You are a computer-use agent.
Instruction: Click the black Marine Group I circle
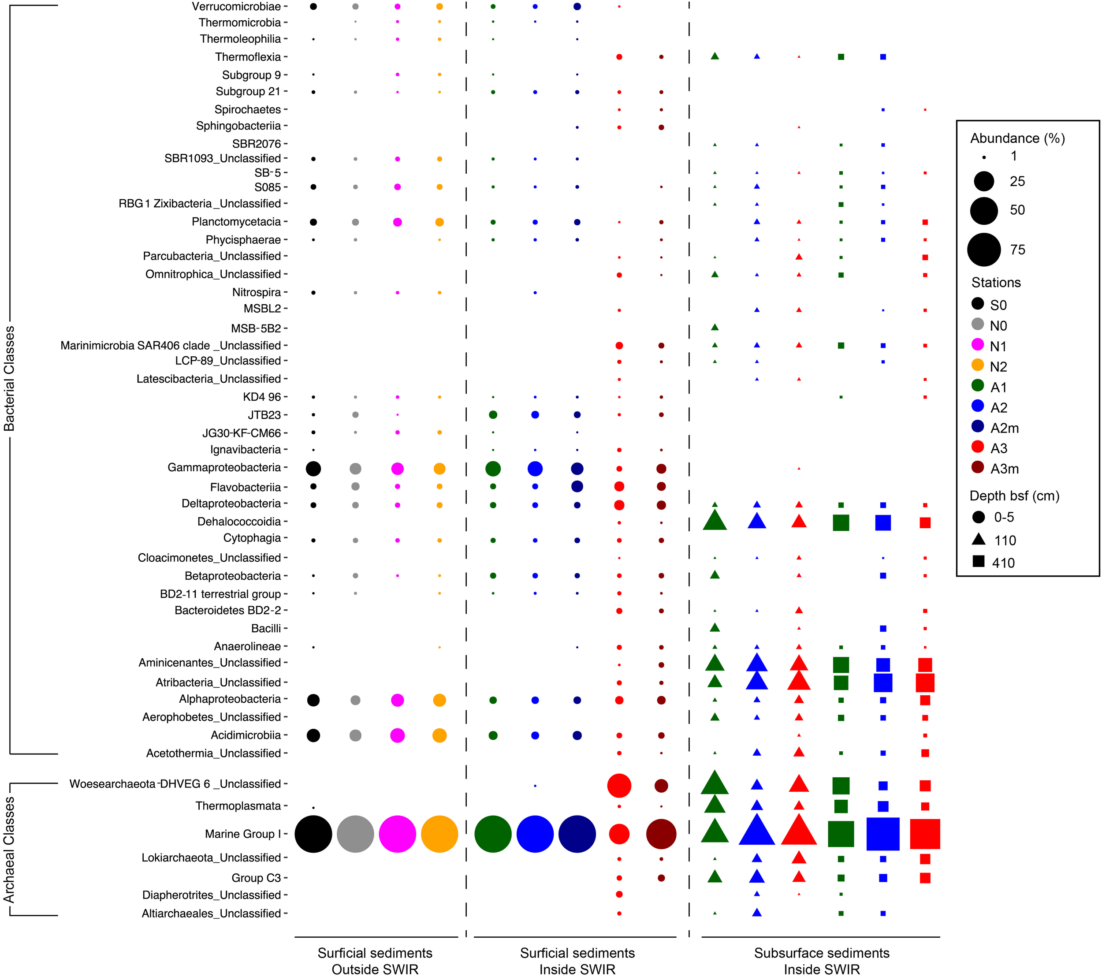(x=313, y=834)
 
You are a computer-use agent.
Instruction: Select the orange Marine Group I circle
(x=439, y=834)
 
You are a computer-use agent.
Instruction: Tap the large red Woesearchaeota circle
(x=619, y=786)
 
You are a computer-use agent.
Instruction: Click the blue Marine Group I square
(x=883, y=834)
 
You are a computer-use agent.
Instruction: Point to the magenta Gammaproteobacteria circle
(x=397, y=469)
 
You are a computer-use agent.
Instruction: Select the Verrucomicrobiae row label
(x=236, y=7)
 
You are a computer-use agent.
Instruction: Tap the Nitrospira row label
(x=256, y=292)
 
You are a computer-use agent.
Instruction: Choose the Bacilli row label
(x=266, y=628)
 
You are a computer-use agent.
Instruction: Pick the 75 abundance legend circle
(x=984, y=250)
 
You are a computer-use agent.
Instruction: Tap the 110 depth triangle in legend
(x=979, y=539)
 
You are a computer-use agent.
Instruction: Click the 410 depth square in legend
(x=979, y=562)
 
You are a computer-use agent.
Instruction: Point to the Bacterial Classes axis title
(x=9, y=379)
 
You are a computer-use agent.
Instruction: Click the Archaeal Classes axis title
(x=9, y=850)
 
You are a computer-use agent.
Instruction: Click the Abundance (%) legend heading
(x=1017, y=138)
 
